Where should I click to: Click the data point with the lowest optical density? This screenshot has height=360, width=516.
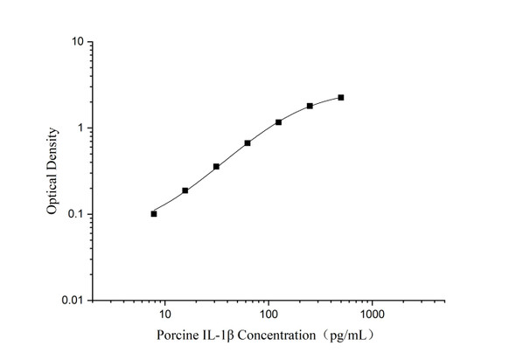[154, 213]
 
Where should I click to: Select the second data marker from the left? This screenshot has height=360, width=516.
[185, 190]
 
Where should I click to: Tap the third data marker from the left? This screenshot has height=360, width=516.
[216, 166]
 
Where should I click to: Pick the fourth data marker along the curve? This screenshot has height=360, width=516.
[248, 142]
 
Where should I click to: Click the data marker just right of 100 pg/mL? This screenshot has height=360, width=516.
[278, 121]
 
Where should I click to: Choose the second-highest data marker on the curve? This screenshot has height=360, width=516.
[310, 106]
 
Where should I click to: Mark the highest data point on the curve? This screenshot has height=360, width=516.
[340, 97]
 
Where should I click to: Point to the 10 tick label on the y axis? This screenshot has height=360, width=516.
[77, 42]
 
